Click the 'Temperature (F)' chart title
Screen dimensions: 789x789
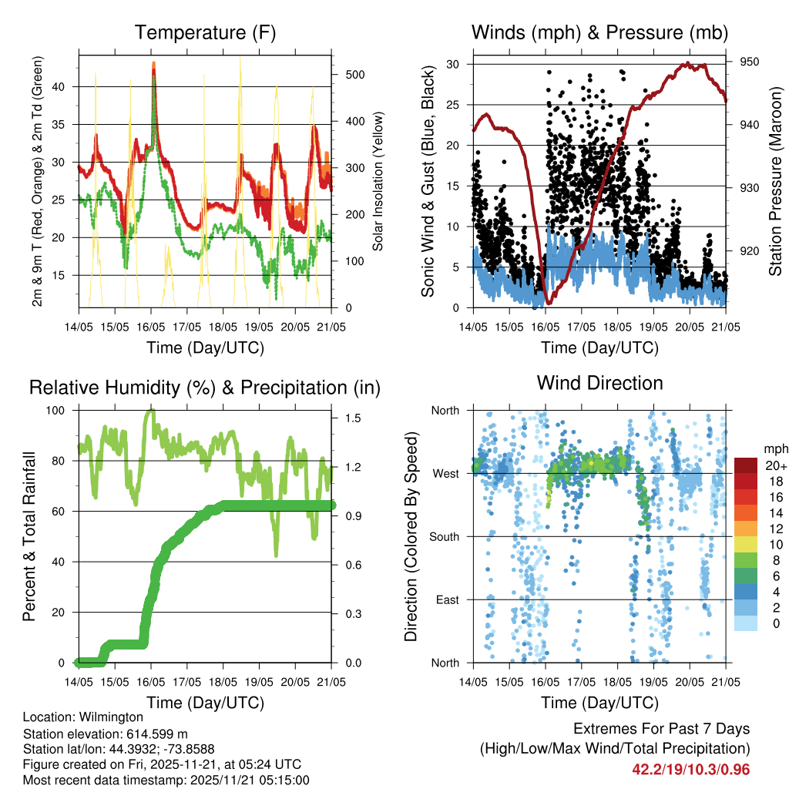pos(205,32)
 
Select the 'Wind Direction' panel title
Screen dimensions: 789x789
pos(599,383)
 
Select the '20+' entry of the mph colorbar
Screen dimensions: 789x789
pos(774,465)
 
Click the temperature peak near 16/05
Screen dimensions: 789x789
pos(153,64)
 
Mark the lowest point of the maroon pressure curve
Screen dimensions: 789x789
pos(548,302)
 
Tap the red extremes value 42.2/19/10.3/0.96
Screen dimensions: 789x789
pos(691,769)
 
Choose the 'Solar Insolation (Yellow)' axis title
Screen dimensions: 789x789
pos(378,181)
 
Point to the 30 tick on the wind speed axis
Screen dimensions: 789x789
pos(454,64)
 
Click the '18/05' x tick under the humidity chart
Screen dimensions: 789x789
pos(223,681)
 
